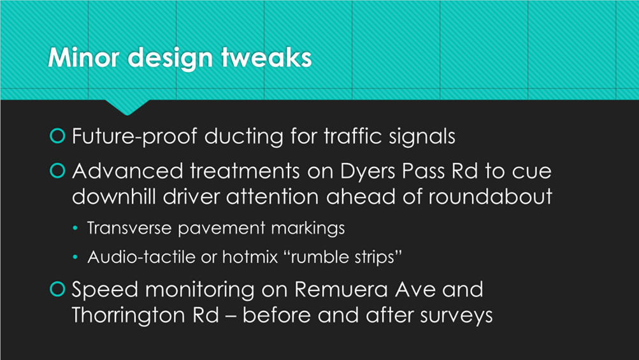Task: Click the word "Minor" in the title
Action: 83,57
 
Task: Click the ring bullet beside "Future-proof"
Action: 57,136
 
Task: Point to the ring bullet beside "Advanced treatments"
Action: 57,170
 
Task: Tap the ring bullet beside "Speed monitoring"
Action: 57,289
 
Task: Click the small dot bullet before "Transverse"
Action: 75,228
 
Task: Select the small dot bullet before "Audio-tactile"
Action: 75,257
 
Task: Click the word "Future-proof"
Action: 134,136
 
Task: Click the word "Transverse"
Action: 129,228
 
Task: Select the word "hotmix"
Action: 250,257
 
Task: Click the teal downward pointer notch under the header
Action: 127,107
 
